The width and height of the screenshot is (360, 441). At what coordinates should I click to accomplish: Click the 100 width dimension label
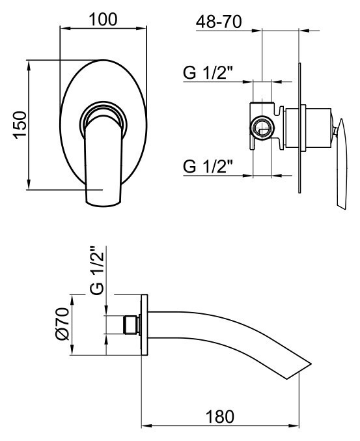103,20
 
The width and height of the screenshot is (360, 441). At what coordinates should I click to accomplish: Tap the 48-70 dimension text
219,21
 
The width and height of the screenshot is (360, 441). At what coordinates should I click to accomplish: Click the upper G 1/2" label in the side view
208,72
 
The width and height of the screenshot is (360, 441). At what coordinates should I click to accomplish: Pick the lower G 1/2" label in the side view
208,166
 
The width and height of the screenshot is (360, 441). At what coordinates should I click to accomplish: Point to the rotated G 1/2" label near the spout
97,270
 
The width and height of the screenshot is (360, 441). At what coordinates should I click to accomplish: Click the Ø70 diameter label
62,324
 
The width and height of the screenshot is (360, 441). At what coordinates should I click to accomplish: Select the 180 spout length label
220,416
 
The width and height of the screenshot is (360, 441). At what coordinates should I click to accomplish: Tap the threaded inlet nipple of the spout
132,325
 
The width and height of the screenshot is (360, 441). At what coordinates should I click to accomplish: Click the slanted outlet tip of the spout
300,369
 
